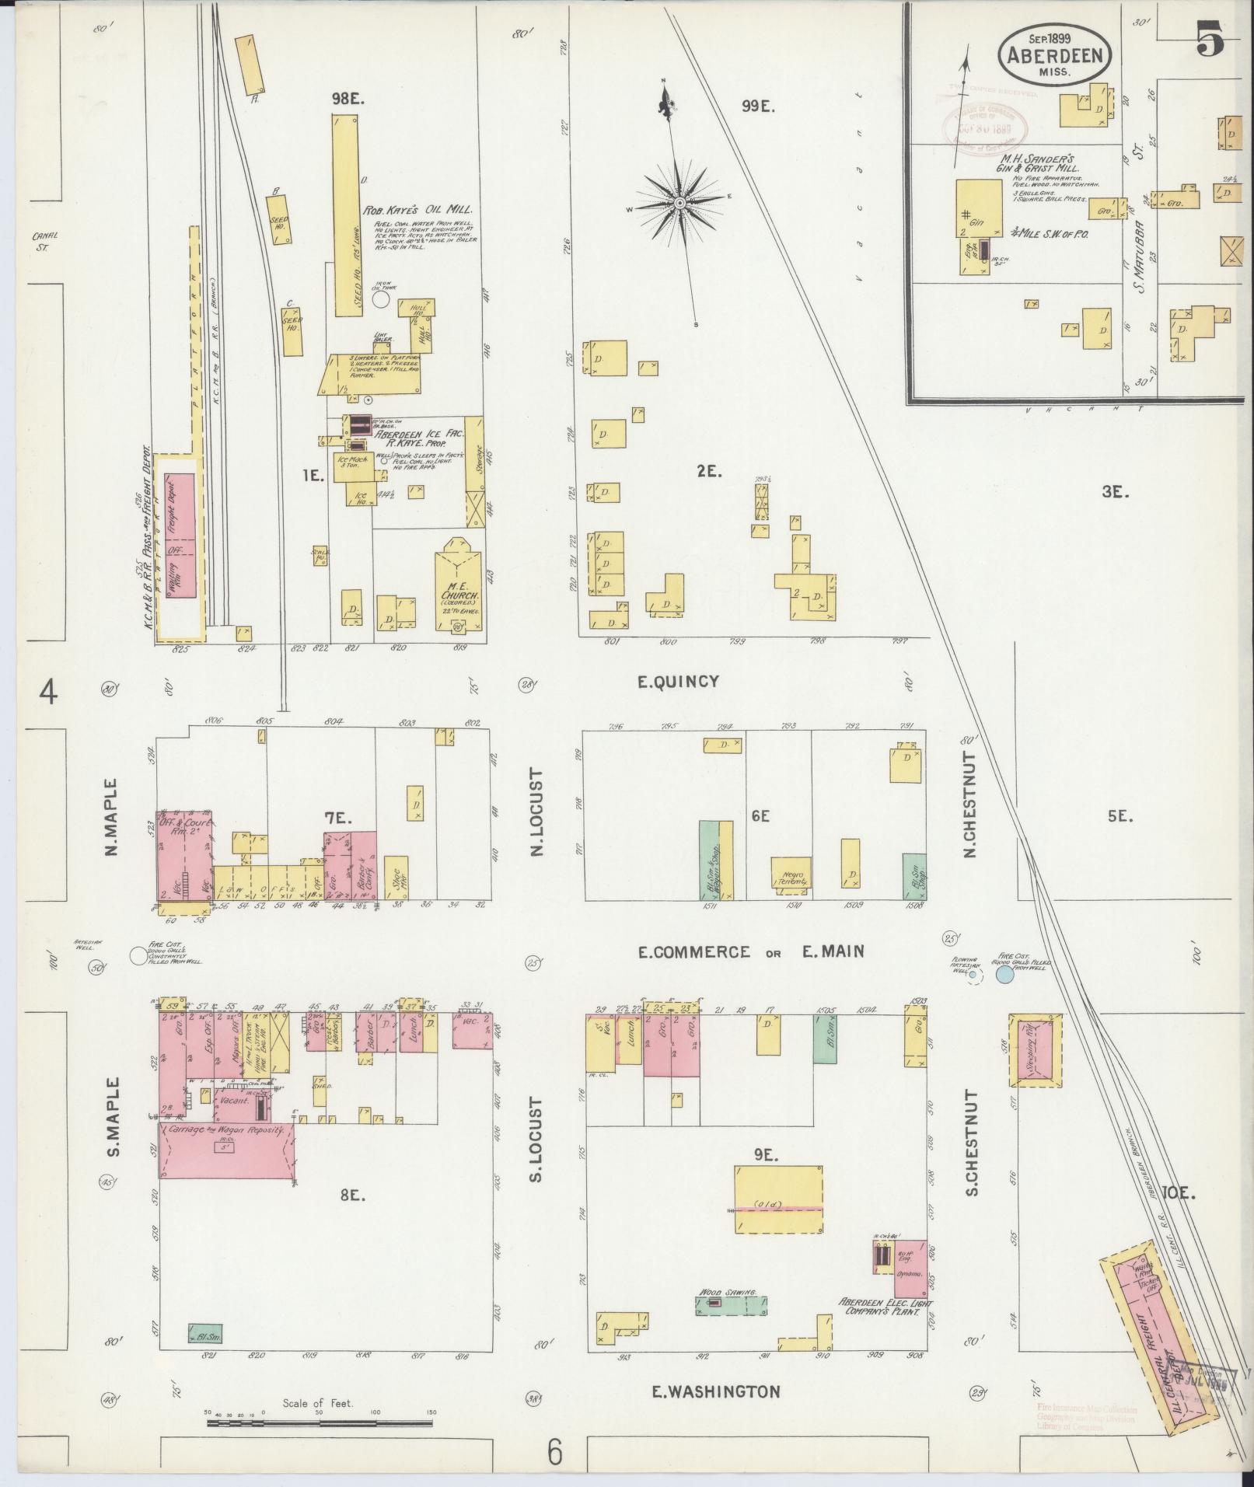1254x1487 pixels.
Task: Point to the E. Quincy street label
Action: click(x=678, y=682)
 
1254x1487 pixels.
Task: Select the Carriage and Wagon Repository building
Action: click(x=227, y=1158)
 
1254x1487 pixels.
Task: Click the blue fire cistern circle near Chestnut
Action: click(x=1004, y=972)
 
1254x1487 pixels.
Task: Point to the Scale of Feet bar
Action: click(x=319, y=1423)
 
